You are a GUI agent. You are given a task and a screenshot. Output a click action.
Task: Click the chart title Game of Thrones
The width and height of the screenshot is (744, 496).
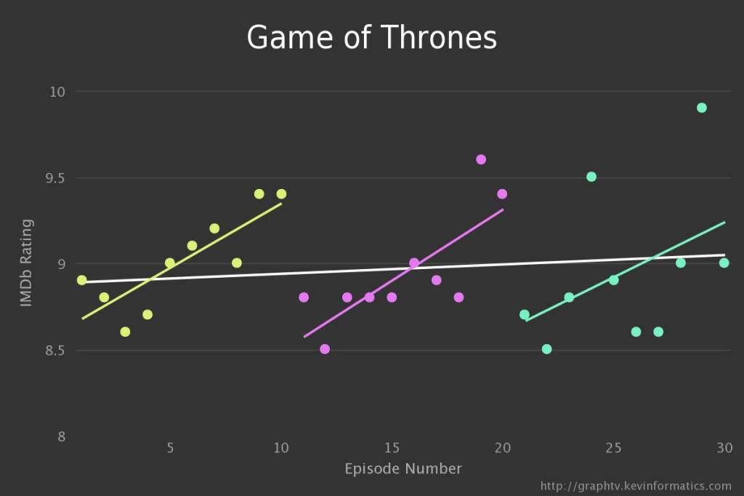pos(371,37)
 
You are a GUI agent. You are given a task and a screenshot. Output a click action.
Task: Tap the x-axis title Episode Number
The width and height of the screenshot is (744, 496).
pos(403,468)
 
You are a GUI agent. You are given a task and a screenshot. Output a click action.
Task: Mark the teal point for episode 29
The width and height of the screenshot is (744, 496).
pos(702,108)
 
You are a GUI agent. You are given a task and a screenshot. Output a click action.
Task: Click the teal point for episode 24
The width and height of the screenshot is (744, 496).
pos(591,177)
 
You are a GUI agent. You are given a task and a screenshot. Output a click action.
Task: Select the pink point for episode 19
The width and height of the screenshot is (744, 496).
pos(481,159)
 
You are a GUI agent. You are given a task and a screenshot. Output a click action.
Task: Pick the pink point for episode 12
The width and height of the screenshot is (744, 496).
pos(325,349)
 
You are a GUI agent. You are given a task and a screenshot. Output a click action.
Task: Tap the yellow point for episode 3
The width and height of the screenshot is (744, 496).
pos(125,332)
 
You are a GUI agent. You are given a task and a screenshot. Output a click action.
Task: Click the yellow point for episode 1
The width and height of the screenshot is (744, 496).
pos(81,280)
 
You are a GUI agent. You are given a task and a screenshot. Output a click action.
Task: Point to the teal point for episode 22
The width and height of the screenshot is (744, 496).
pos(546,349)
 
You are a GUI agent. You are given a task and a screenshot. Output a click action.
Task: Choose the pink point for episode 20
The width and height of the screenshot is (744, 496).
pos(502,194)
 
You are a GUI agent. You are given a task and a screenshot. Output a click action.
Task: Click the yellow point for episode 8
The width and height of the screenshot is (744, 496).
pos(237,263)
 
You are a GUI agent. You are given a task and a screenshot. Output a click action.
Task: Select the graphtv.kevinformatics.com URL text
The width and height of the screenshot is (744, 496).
pos(636,486)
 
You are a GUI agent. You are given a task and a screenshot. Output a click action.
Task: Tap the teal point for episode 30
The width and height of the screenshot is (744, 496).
pos(724,263)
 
